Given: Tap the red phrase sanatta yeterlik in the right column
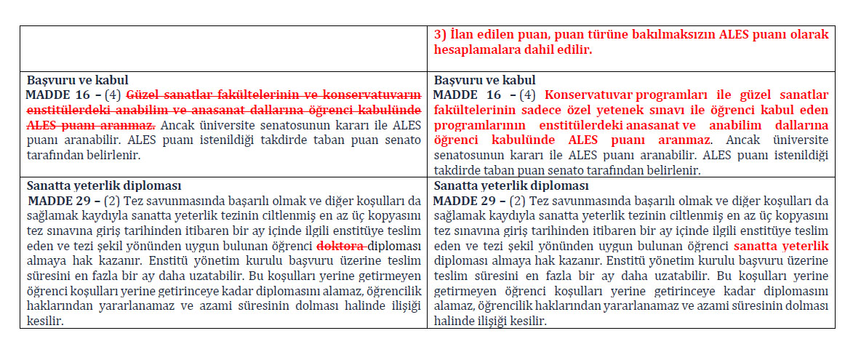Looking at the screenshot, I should tap(781, 246).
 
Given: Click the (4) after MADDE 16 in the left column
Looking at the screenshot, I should tap(112, 95).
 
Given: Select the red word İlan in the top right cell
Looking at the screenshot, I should tap(460, 35).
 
